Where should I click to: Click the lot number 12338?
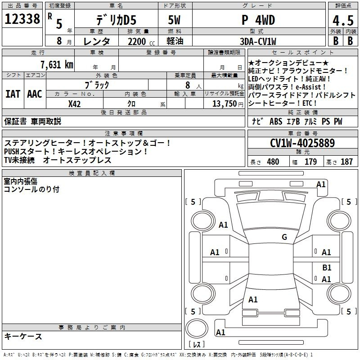(22, 19)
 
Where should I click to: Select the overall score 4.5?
(343, 20)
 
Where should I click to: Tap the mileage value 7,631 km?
(57, 64)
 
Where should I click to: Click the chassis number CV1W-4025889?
(302, 143)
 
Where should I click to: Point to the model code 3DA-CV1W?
(258, 41)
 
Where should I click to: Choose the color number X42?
(74, 104)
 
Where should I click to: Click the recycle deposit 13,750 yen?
(228, 104)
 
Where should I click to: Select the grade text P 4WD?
(258, 20)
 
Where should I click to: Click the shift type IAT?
(13, 94)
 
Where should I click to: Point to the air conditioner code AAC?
(35, 94)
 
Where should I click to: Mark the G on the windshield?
(284, 237)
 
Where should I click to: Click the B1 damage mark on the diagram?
(327, 267)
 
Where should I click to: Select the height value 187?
(346, 162)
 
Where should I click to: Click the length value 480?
(273, 162)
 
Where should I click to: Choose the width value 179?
(310, 162)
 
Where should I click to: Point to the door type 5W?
(174, 20)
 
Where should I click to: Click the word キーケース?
(23, 336)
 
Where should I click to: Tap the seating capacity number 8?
(188, 85)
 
